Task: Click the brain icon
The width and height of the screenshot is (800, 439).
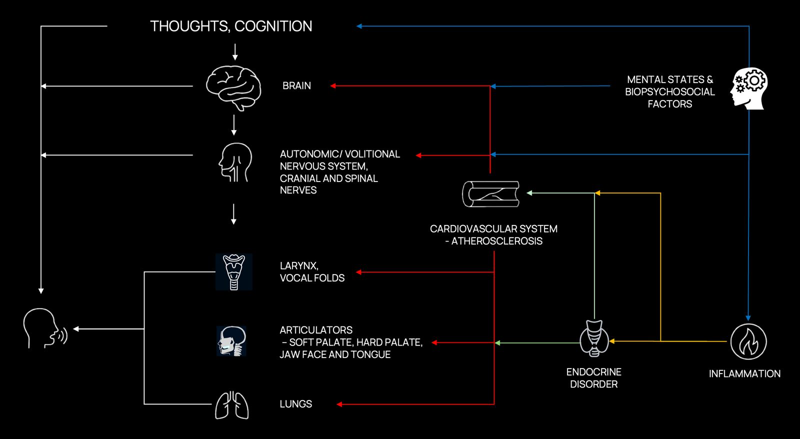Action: tap(233, 88)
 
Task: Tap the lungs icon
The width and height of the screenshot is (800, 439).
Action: tap(232, 405)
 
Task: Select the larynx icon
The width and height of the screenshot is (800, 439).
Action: tap(233, 272)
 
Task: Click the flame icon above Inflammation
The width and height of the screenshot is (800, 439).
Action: tap(748, 342)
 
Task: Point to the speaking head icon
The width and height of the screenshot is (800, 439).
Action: tap(44, 328)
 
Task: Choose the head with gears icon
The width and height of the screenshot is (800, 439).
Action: tap(749, 88)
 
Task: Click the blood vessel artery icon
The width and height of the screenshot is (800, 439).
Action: tap(490, 194)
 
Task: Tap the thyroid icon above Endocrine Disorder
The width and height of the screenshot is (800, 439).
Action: tap(594, 339)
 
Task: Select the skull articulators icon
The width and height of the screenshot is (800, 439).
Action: tap(231, 341)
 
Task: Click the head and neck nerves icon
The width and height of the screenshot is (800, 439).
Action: tap(235, 162)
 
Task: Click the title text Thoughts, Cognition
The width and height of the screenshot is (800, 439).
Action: tap(231, 26)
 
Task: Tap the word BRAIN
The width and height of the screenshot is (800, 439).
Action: tap(296, 86)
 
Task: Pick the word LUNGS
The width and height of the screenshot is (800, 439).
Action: tap(295, 404)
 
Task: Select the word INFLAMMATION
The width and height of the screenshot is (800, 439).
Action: tap(744, 374)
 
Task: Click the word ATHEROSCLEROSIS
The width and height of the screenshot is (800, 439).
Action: tap(496, 241)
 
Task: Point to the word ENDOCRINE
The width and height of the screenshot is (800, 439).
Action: tap(593, 372)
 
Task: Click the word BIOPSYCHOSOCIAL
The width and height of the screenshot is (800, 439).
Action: tap(669, 92)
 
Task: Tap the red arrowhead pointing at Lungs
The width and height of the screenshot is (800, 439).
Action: tap(339, 404)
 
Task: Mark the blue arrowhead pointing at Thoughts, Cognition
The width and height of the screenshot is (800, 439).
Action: tap(359, 26)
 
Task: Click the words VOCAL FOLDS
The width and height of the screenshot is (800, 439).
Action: tap(312, 278)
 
